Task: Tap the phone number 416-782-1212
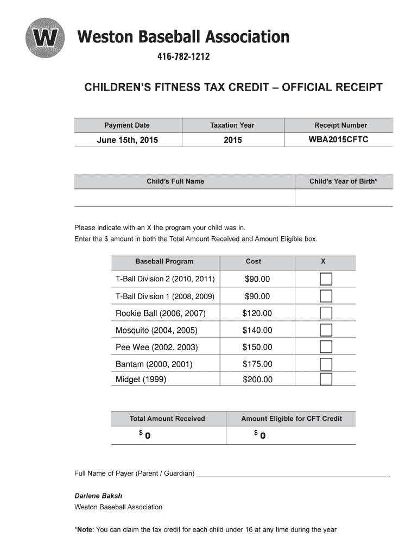pyautogui.click(x=183, y=57)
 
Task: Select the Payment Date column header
pyautogui.click(x=127, y=125)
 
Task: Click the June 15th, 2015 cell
pyautogui.click(x=127, y=140)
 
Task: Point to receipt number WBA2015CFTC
pyautogui.click(x=338, y=140)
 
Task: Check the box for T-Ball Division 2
pyautogui.click(x=326, y=280)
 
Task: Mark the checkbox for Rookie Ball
pyautogui.click(x=326, y=313)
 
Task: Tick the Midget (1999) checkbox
pyautogui.click(x=326, y=380)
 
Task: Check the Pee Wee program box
pyautogui.click(x=326, y=347)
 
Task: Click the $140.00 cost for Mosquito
pyautogui.click(x=257, y=330)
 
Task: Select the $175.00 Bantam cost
pyautogui.click(x=257, y=364)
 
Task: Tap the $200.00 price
pyautogui.click(x=257, y=380)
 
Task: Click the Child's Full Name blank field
pyautogui.click(x=184, y=198)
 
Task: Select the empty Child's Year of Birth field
pyautogui.click(x=344, y=198)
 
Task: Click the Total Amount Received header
pyautogui.click(x=167, y=419)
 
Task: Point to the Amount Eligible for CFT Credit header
pyautogui.click(x=292, y=419)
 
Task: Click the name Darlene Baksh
pyautogui.click(x=98, y=496)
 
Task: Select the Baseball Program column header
pyautogui.click(x=164, y=262)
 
